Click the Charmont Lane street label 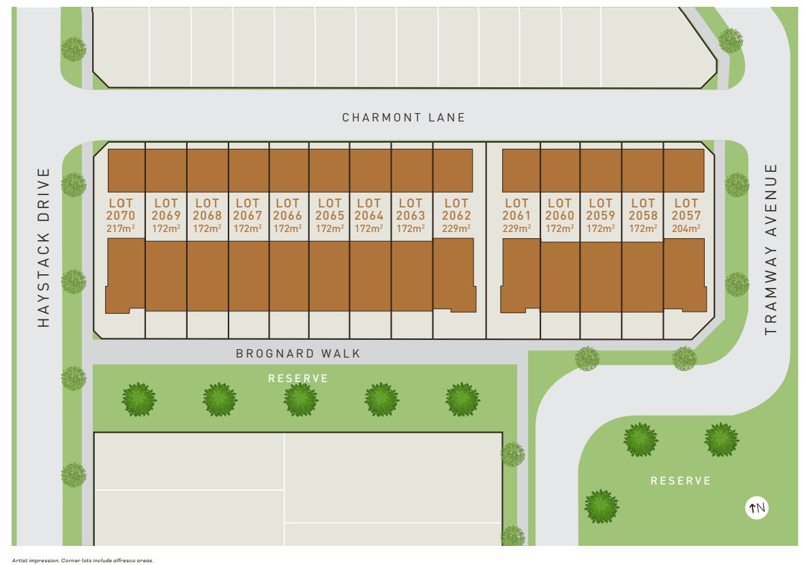(403, 117)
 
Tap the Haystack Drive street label (44, 248)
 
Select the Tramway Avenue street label (771, 249)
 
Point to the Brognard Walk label (298, 353)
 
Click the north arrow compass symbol (757, 508)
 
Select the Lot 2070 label (121, 209)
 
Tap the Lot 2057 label (686, 209)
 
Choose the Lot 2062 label (456, 209)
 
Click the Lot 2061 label (516, 209)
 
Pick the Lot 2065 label (330, 209)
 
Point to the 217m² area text (121, 229)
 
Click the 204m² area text (686, 229)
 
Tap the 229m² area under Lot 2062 (456, 229)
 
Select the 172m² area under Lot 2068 (207, 229)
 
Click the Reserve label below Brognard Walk (298, 378)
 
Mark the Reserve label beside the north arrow (680, 480)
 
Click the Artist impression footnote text (83, 560)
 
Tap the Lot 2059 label (600, 209)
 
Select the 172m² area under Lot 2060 (559, 229)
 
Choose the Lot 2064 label (369, 209)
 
